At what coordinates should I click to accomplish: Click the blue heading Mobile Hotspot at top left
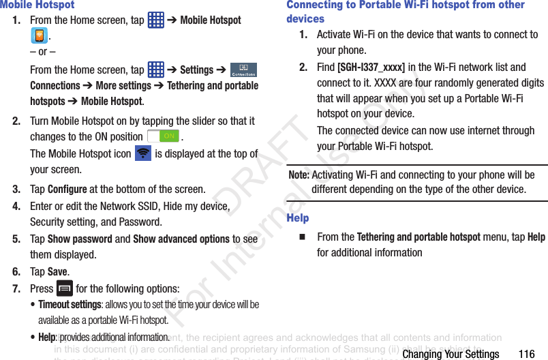(x=37, y=5)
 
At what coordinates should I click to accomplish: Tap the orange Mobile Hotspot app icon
(x=39, y=35)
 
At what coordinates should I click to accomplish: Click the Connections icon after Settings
(x=243, y=70)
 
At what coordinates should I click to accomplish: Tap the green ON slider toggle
(x=163, y=136)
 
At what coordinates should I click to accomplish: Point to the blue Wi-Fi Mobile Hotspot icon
(x=143, y=153)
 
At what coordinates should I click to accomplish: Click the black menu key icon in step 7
(x=65, y=288)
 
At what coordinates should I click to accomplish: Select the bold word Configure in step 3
(x=67, y=189)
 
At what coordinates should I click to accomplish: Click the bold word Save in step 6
(x=58, y=271)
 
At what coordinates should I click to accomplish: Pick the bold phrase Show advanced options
(x=181, y=239)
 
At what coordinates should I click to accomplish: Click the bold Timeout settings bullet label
(x=70, y=304)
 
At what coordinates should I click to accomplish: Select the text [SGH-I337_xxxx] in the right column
(x=371, y=67)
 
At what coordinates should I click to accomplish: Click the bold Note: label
(x=299, y=175)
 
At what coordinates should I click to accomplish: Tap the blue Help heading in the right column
(x=298, y=217)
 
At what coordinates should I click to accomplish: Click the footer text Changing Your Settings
(x=451, y=354)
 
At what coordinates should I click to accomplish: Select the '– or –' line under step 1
(x=43, y=52)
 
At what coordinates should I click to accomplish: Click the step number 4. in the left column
(x=16, y=206)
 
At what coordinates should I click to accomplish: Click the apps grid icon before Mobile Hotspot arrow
(x=155, y=20)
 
